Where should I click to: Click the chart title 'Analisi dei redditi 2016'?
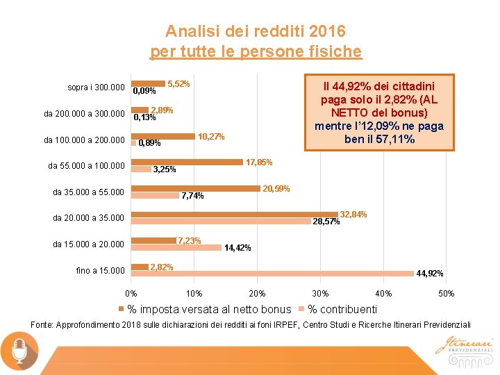(255, 31)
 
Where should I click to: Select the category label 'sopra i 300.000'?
(96, 88)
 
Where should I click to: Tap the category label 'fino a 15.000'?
(100, 271)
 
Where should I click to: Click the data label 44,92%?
(430, 274)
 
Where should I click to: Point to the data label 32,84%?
(353, 215)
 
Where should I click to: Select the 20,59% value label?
(276, 189)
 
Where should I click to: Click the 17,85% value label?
(259, 162)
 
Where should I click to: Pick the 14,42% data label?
(237, 248)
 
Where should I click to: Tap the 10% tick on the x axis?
(194, 294)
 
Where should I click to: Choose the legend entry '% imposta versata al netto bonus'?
(209, 309)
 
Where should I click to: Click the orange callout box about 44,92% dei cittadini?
(378, 112)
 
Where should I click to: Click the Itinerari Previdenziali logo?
(464, 346)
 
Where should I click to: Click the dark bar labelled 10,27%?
(163, 137)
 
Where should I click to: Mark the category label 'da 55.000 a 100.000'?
(86, 166)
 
